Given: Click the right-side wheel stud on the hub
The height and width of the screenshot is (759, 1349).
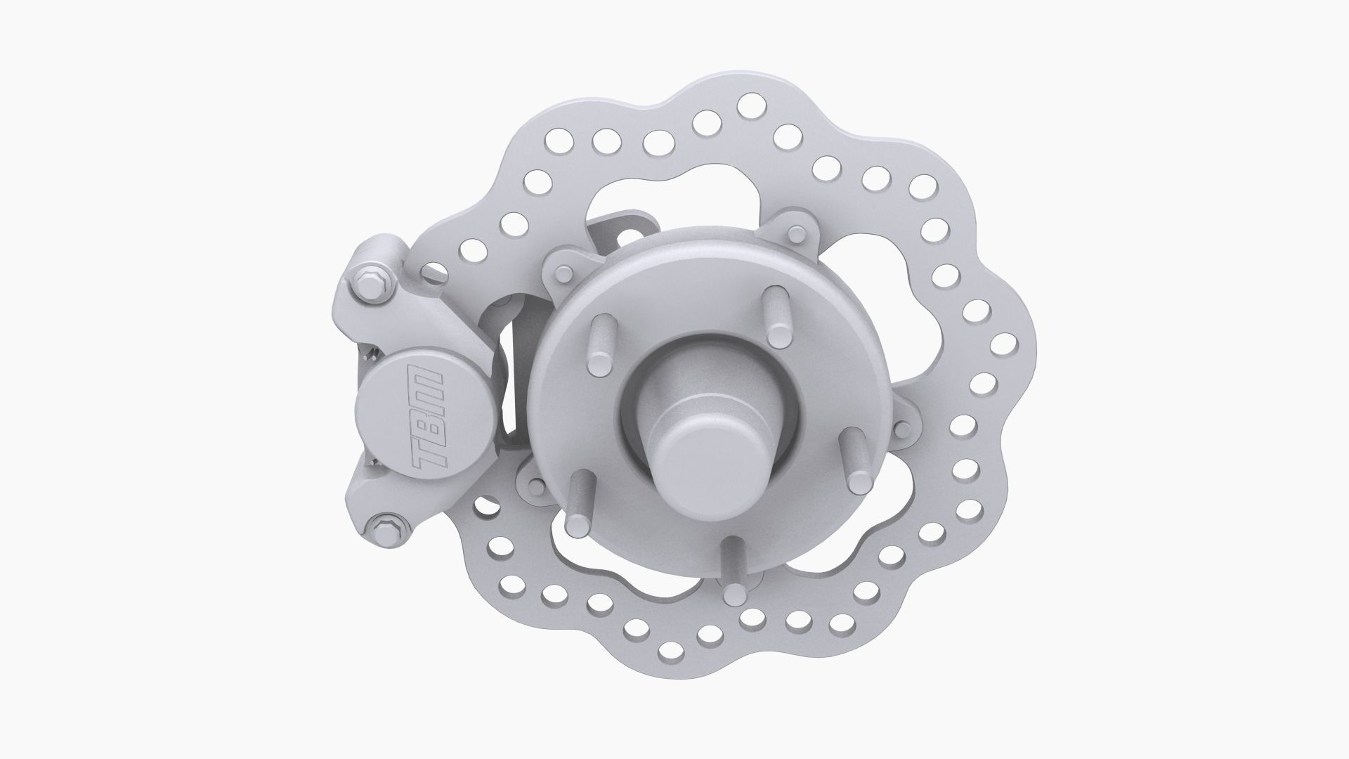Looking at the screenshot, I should pyautogui.click(x=856, y=460).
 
